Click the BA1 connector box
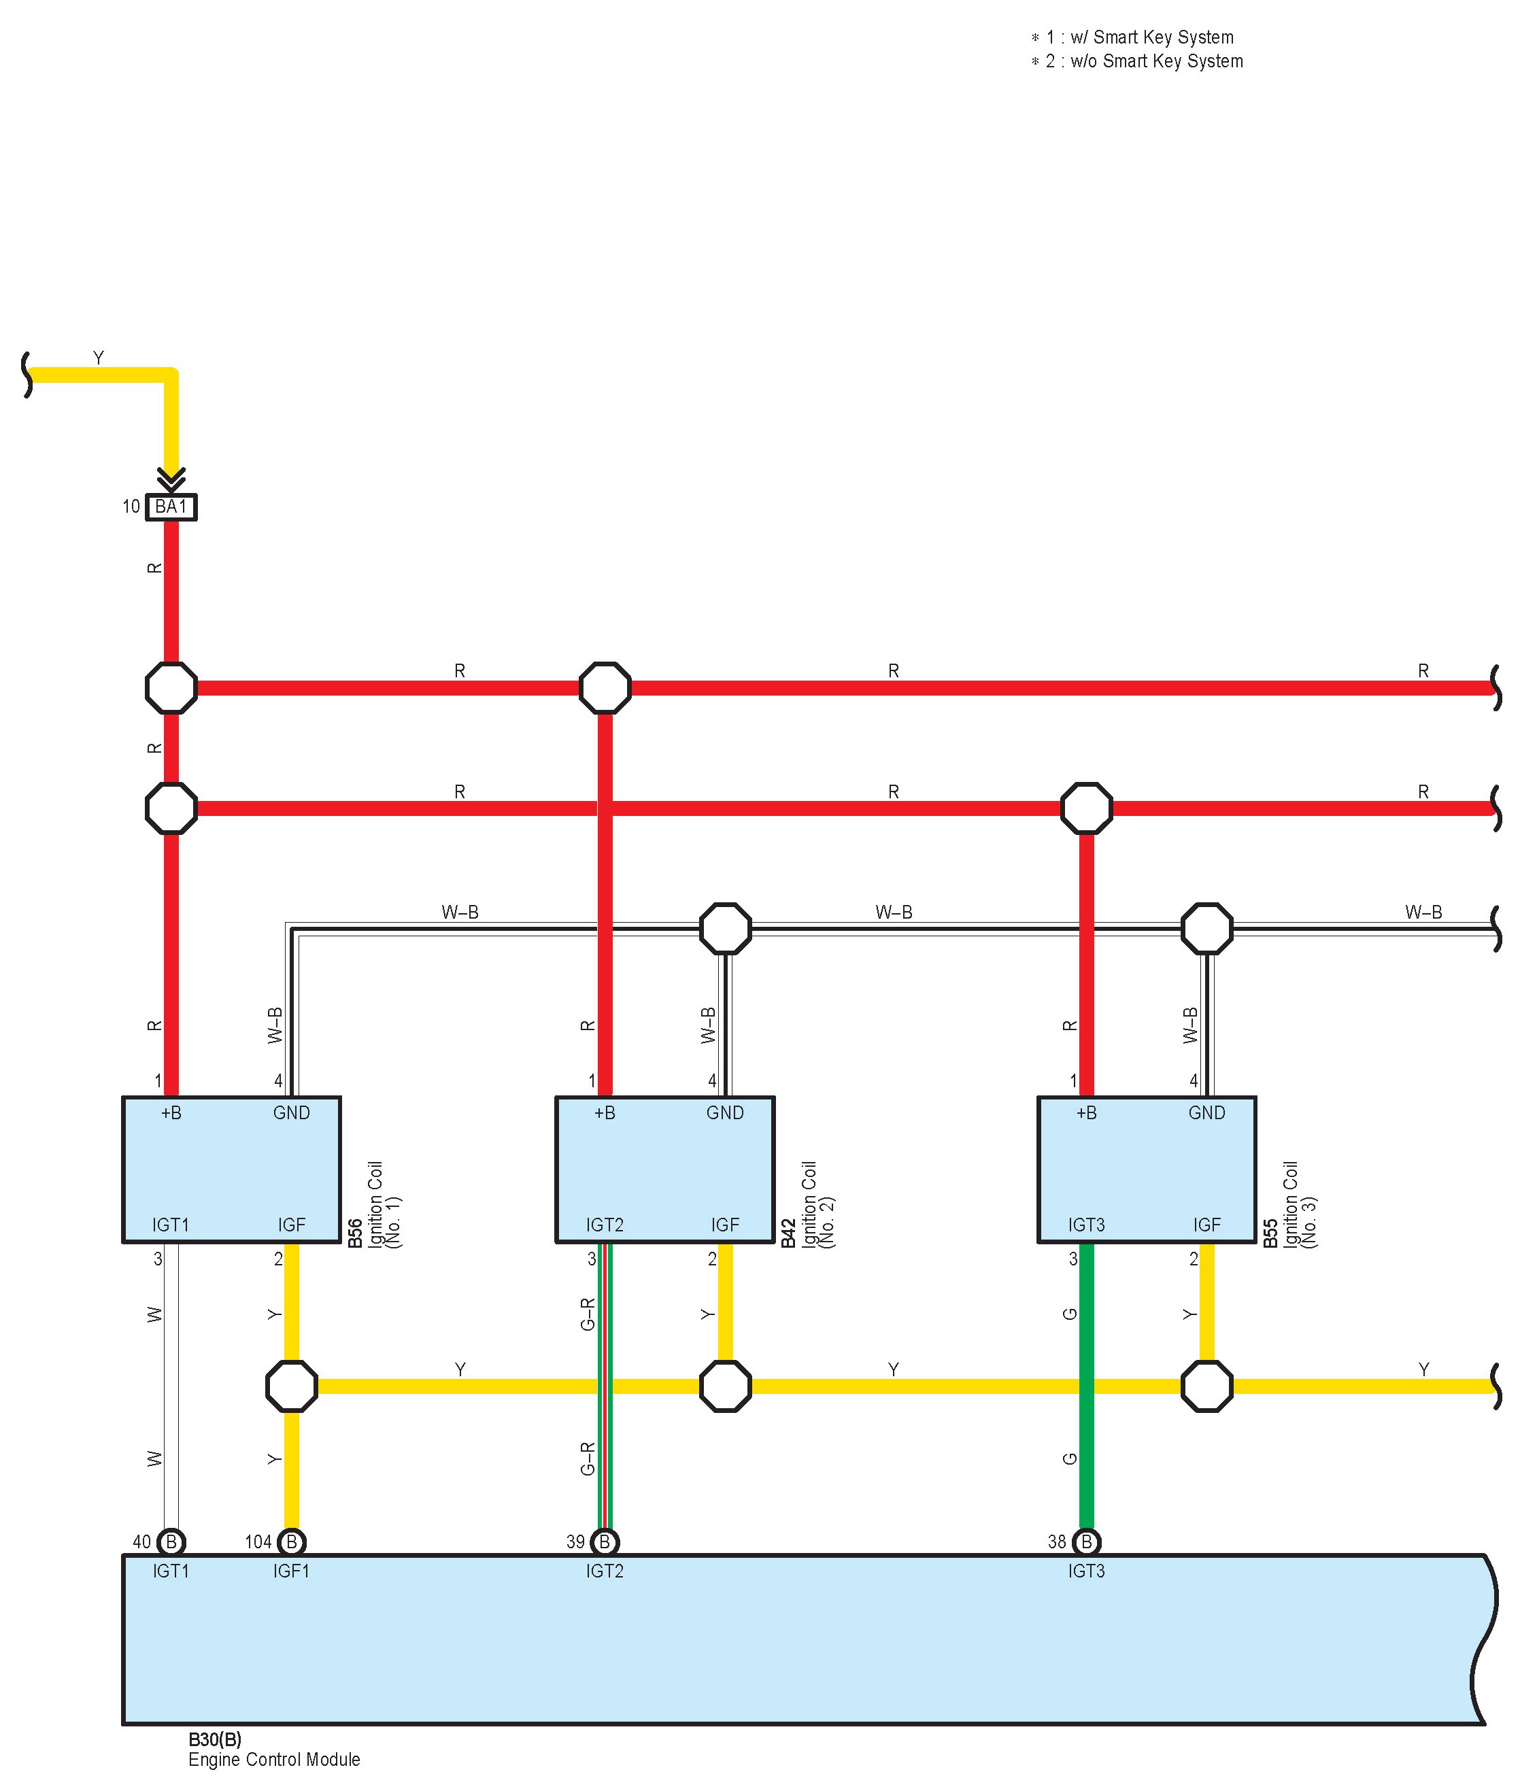point(171,507)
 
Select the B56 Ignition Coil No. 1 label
point(374,1204)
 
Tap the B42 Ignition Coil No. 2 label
point(807,1204)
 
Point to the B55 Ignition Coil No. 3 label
point(1289,1204)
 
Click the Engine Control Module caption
point(274,1759)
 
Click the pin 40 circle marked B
point(171,1541)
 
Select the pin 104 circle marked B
point(292,1541)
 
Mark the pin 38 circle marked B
point(1087,1541)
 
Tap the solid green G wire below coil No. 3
point(1087,1386)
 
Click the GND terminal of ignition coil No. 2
point(724,1112)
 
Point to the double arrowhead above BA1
point(171,477)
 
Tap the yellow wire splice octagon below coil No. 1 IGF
point(292,1386)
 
